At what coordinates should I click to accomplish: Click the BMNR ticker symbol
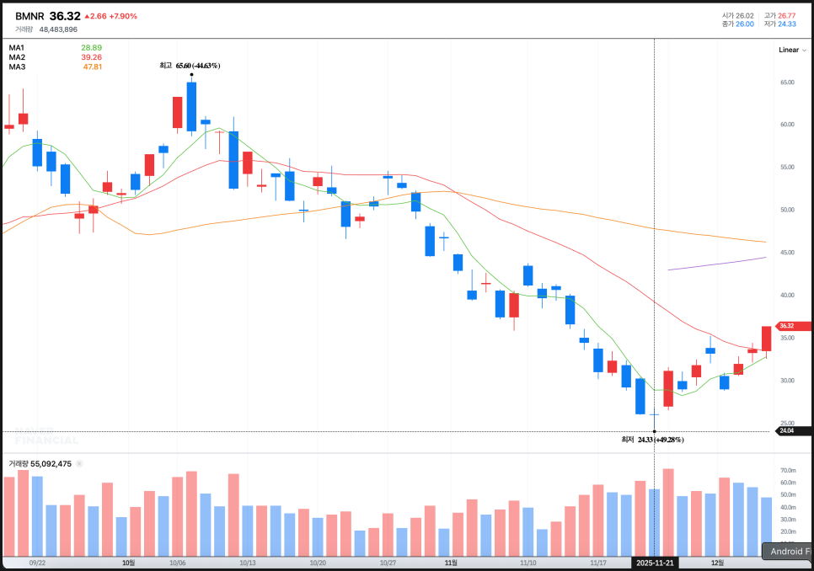[x=29, y=16]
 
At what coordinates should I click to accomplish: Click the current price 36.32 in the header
[x=65, y=16]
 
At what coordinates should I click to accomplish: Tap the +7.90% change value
[x=123, y=16]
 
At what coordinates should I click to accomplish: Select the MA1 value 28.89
[x=91, y=47]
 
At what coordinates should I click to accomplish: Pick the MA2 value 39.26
[x=91, y=57]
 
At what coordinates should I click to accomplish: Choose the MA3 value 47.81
[x=92, y=67]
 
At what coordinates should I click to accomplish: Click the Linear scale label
[x=788, y=50]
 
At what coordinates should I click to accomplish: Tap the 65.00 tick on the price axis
[x=788, y=83]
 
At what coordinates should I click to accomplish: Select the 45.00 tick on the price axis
[x=788, y=253]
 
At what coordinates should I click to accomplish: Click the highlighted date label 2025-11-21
[x=656, y=562]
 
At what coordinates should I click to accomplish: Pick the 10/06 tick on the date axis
[x=178, y=562]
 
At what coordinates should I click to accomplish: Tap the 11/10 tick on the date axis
[x=528, y=562]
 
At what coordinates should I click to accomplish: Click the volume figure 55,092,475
[x=52, y=463]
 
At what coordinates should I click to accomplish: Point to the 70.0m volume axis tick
[x=789, y=471]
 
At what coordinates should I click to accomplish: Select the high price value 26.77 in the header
[x=785, y=15]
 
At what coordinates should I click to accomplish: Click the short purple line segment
[x=716, y=264]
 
